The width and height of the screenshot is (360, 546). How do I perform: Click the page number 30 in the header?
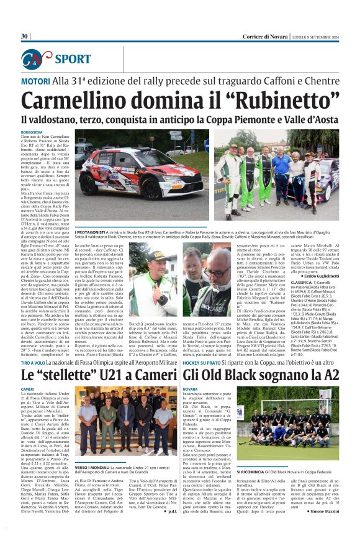(25, 36)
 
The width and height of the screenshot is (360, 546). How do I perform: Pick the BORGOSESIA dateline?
(32, 132)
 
